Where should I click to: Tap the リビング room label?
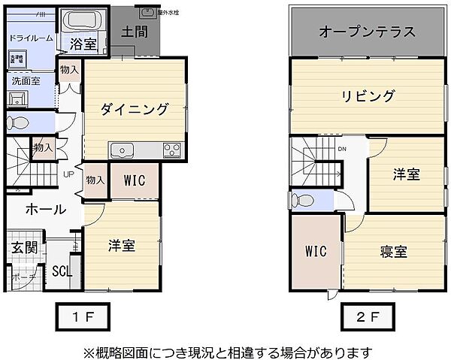[x=368, y=96]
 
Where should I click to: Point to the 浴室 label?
[x=83, y=44]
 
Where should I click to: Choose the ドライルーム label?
[x=31, y=38]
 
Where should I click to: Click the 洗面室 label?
[x=25, y=80]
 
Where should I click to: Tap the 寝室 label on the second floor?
[x=392, y=252]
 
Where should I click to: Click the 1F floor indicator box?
[x=82, y=316]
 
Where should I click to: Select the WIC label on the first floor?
[x=135, y=181]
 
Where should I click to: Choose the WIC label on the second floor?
[x=316, y=252]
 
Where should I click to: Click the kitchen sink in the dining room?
[x=122, y=150]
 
